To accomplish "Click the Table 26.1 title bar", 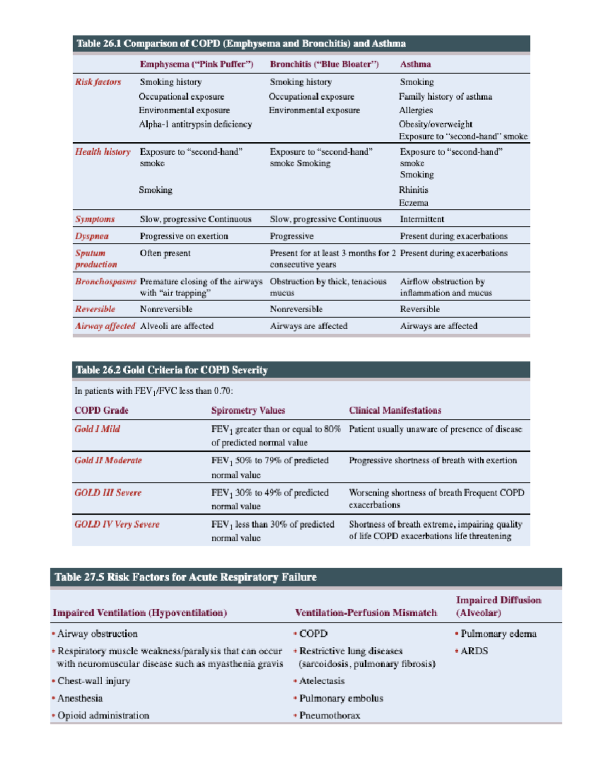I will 301,44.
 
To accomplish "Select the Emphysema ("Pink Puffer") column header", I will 196,64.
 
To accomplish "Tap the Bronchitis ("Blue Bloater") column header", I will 324,64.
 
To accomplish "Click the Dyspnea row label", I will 92,236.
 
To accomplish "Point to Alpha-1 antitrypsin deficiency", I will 195,124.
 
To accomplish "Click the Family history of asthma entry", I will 445,97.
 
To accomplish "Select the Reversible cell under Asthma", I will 420,309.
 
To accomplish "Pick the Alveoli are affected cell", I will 177,326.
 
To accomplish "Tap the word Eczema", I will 413,203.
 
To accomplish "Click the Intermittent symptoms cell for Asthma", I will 422,219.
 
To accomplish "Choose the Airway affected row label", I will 105,326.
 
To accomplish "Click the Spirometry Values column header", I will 248,410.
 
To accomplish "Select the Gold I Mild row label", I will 97,429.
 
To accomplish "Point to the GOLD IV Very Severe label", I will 117,525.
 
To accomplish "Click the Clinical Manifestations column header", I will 395,410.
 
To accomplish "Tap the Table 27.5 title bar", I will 306,577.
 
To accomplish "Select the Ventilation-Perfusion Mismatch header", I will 366,613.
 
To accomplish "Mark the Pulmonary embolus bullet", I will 341,698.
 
